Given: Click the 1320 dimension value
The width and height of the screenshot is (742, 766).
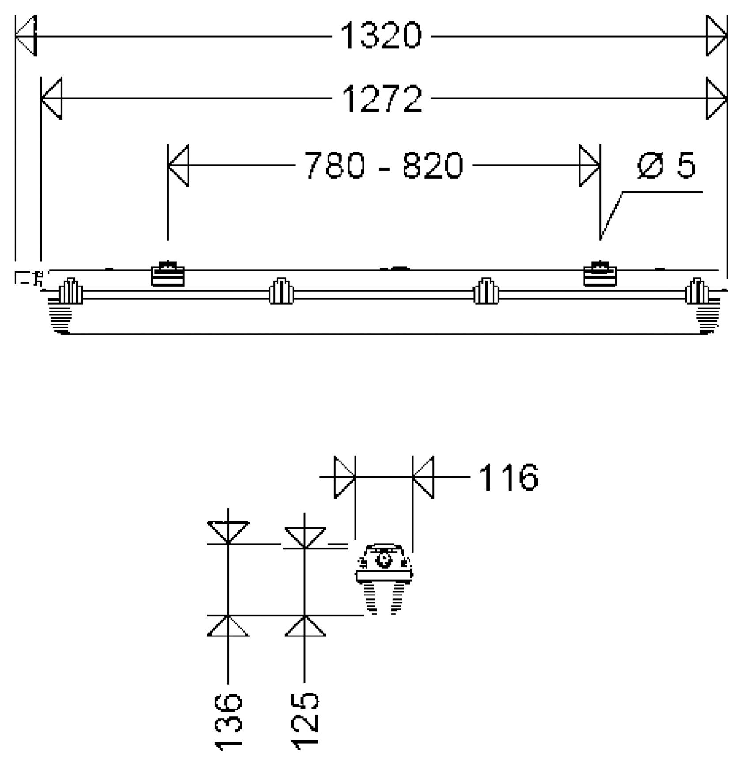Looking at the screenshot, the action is click(381, 36).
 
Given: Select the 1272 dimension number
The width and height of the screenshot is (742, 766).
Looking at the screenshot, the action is click(382, 99).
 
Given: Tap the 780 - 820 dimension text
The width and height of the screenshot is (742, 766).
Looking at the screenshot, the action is click(384, 165).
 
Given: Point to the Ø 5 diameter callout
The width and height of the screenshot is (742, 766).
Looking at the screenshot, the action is click(666, 165).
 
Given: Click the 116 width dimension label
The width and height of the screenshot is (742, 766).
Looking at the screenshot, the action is click(508, 477).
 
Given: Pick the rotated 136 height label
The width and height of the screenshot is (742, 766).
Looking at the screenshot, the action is click(228, 722).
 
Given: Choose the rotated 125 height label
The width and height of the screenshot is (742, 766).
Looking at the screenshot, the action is click(305, 721).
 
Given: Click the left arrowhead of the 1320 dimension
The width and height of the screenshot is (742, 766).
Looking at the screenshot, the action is click(26, 36).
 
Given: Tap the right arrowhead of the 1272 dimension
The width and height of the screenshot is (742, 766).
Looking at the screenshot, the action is click(716, 99).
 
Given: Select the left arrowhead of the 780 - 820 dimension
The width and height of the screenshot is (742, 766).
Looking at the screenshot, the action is click(178, 165).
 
